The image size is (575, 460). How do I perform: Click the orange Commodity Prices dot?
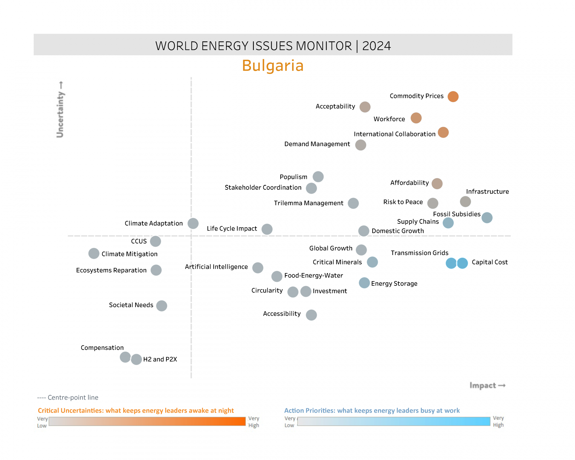[x=453, y=97]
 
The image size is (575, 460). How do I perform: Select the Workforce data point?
[x=416, y=118]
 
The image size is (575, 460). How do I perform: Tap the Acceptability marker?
[x=365, y=107]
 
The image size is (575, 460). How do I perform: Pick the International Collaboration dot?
[x=443, y=133]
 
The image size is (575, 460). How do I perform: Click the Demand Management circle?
[x=361, y=145]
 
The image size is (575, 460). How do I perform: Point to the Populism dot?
[x=318, y=177]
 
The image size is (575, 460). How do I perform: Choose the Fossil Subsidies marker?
[x=487, y=218]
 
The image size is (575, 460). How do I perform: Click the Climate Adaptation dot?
[x=193, y=223]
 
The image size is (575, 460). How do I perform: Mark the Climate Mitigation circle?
[x=94, y=254]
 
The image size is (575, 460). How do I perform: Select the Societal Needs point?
[x=162, y=306]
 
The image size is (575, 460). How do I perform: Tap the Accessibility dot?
[x=311, y=315]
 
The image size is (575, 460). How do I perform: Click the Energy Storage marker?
[x=364, y=283]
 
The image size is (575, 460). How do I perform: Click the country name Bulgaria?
[x=273, y=66]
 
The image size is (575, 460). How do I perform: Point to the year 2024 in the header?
[x=376, y=46]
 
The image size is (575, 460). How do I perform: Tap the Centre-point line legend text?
[x=68, y=397]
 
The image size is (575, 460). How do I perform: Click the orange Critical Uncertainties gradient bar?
[x=147, y=421]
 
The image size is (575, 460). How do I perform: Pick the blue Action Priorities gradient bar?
[x=394, y=421]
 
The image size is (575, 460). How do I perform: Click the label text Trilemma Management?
[x=308, y=203]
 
